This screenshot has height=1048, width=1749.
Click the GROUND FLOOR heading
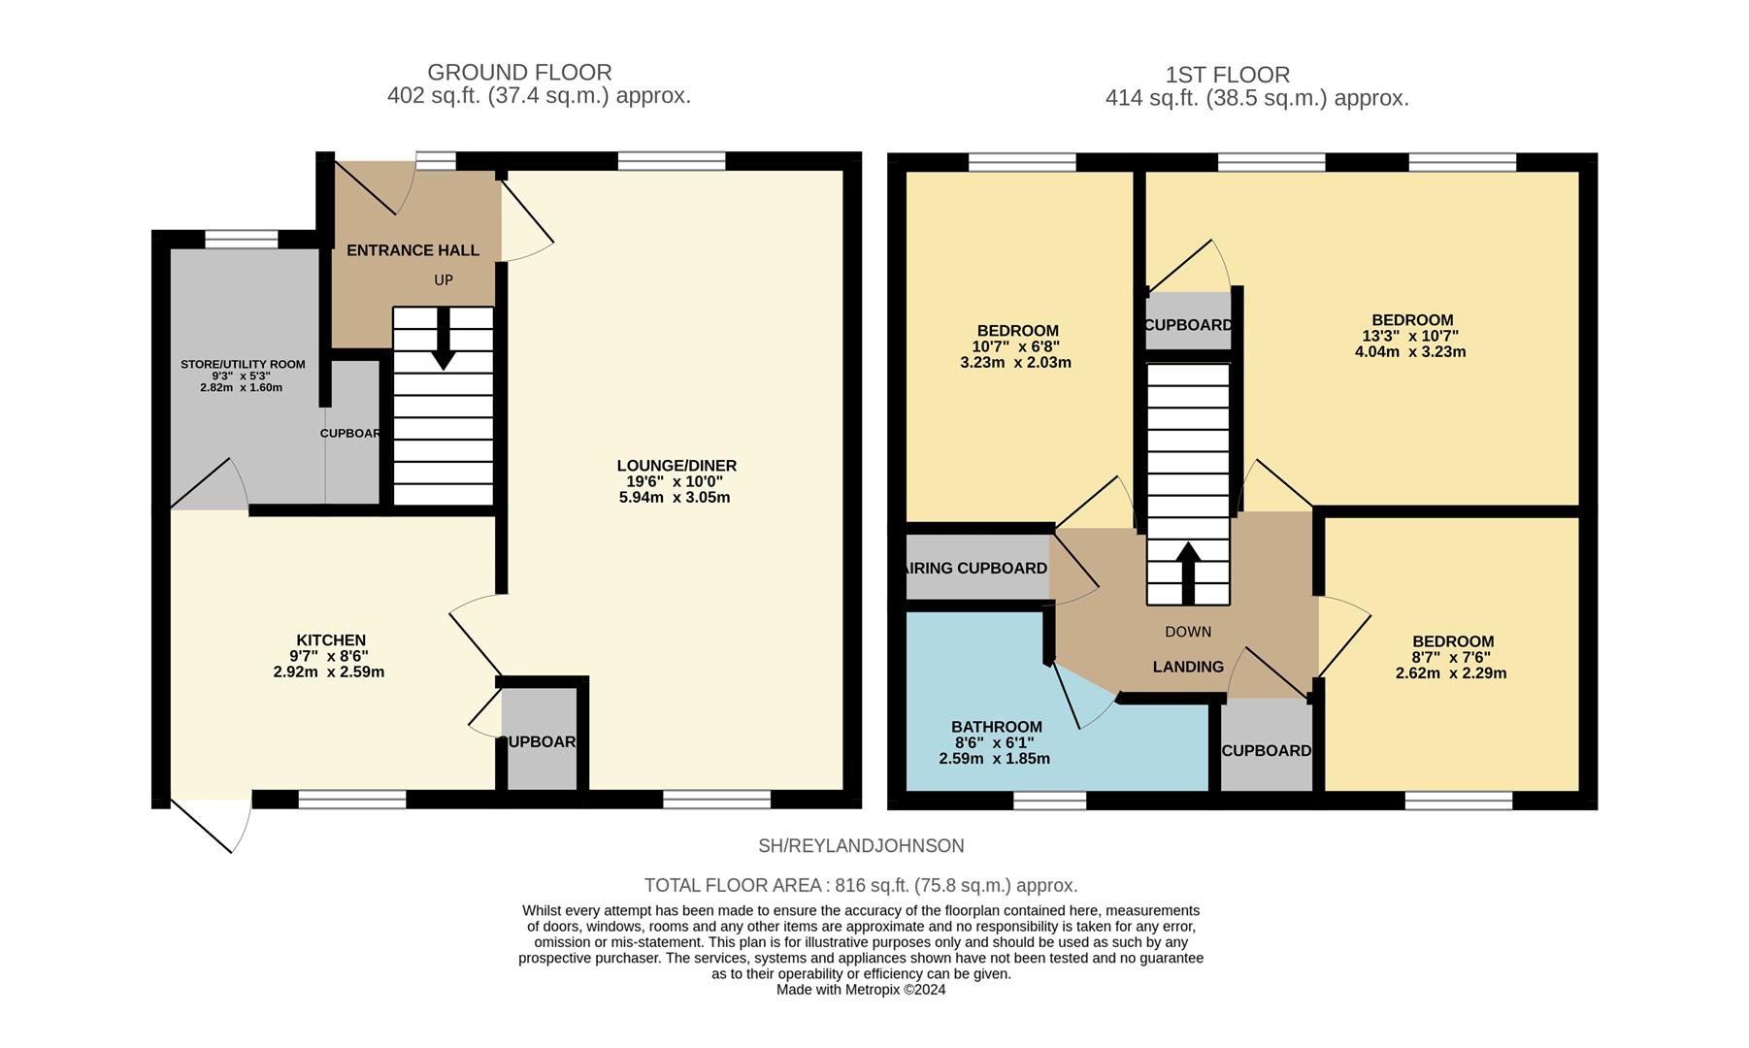[x=519, y=73]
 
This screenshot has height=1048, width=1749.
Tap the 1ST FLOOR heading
[x=1227, y=75]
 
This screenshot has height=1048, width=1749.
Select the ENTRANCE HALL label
[x=412, y=250]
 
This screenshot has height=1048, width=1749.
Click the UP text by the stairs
[x=444, y=280]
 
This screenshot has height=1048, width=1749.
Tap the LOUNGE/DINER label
[x=676, y=466]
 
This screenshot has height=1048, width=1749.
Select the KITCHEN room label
[x=331, y=640]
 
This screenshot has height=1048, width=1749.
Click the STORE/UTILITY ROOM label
[x=243, y=365]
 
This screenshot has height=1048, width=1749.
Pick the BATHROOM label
[x=996, y=727]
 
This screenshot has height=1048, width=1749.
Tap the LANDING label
[x=1188, y=667]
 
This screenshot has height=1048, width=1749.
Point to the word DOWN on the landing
[x=1188, y=632]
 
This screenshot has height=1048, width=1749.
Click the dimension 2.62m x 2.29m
[x=1451, y=672]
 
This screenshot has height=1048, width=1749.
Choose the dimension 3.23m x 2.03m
[x=1015, y=363]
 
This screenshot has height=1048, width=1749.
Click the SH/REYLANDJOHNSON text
[x=861, y=846]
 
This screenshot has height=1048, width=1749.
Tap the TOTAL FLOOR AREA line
[x=861, y=885]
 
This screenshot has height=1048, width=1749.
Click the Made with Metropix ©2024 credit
[x=861, y=990]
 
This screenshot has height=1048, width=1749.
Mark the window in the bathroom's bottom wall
[x=1049, y=801]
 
